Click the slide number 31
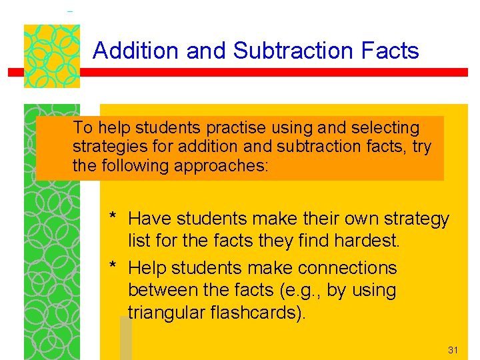[454, 350]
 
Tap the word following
[135, 165]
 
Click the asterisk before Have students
[114, 218]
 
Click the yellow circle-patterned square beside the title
[51, 57]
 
